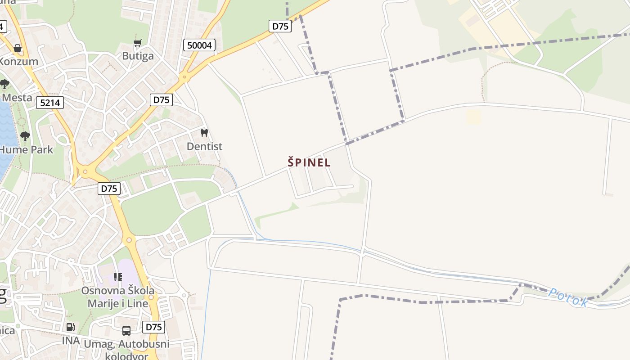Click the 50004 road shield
click(199, 45)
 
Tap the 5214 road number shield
click(50, 103)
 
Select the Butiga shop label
click(138, 56)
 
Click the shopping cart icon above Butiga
click(138, 43)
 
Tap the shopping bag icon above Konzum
click(18, 48)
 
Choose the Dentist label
click(204, 147)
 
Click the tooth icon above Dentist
click(204, 133)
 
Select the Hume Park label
click(27, 150)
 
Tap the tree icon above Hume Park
click(25, 136)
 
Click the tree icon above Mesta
click(4, 84)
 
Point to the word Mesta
click(17, 98)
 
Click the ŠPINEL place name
click(309, 162)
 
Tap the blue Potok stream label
click(568, 297)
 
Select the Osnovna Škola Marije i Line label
click(118, 297)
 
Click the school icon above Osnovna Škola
click(118, 277)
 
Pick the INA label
click(71, 341)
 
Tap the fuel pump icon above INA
click(70, 327)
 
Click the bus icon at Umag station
click(126, 331)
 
